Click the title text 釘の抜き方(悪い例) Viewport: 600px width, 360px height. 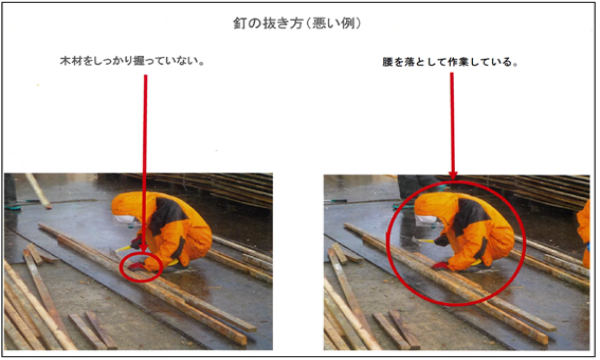[x=301, y=21]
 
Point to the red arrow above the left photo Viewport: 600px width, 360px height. [x=145, y=160]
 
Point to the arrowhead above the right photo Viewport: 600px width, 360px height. [x=453, y=174]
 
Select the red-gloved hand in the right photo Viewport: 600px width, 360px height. [x=441, y=266]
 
